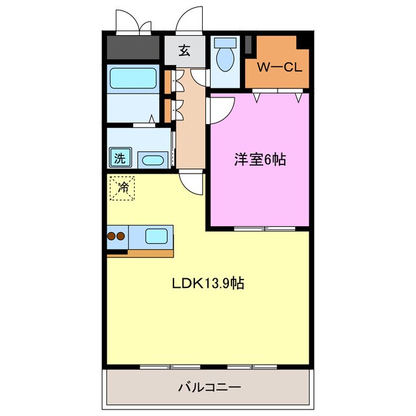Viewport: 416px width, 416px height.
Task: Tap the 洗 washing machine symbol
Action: pos(120,157)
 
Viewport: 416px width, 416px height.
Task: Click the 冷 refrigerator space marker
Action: pos(122,188)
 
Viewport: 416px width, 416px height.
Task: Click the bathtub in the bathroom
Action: pos(133,78)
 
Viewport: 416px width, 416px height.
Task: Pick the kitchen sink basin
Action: pos(157,236)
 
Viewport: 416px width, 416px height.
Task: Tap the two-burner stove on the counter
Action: pos(116,237)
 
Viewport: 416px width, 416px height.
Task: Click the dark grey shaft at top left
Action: pos(133,48)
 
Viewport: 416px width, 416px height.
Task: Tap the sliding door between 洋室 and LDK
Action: pos(265,229)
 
